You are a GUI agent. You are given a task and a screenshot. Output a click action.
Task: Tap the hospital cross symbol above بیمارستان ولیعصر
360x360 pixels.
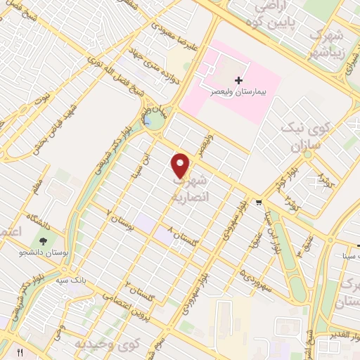point(238,81)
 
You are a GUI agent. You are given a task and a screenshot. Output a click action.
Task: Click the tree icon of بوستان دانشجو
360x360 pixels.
point(44,242)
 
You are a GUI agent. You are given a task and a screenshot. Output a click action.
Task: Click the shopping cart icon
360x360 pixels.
point(259,202)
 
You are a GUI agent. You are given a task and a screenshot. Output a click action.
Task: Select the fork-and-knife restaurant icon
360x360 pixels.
point(20,352)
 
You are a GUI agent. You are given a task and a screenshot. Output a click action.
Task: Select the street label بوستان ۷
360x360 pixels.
point(120,219)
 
